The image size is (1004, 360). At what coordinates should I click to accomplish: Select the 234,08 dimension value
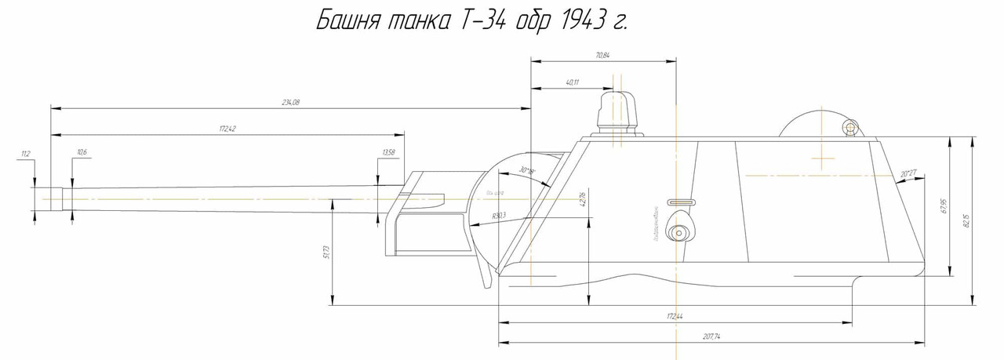pos(291,103)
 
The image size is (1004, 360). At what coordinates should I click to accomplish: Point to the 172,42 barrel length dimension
pos(227,128)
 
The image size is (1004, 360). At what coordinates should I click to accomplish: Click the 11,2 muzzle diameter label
pos(26,155)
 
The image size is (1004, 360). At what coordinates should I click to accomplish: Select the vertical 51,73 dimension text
pos(326,252)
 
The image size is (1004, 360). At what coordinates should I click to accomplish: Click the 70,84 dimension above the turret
pos(602,55)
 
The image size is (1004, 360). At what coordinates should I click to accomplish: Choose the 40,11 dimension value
pos(571,82)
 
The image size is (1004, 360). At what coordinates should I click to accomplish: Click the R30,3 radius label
pos(499,214)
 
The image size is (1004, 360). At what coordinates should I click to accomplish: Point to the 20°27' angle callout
pos(909,173)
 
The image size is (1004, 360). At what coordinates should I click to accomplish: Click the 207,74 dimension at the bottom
pos(711,336)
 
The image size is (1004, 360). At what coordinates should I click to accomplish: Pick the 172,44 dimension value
pos(675,316)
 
